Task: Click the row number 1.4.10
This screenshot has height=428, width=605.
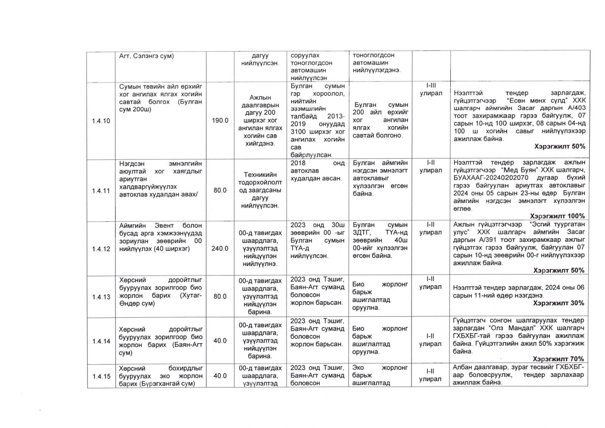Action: click(x=101, y=121)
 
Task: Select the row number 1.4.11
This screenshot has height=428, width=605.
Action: click(x=101, y=191)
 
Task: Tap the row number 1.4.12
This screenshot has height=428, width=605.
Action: click(x=101, y=249)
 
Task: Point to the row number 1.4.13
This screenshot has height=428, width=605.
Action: click(x=101, y=297)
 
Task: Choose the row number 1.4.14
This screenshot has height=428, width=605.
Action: click(x=101, y=341)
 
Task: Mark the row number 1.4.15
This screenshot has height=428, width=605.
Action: click(x=101, y=376)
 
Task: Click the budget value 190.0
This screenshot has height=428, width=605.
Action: click(x=220, y=120)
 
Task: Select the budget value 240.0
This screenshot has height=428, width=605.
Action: click(x=220, y=248)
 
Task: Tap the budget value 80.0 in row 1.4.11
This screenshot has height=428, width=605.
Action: click(x=220, y=190)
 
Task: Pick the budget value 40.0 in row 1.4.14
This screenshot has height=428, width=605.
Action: click(x=220, y=340)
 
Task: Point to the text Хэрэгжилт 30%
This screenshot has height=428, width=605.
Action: click(x=558, y=303)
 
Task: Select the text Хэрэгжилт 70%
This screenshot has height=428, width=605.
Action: click(x=558, y=359)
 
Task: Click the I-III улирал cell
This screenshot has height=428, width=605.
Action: click(x=431, y=89)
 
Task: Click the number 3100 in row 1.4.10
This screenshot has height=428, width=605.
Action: click(x=299, y=132)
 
